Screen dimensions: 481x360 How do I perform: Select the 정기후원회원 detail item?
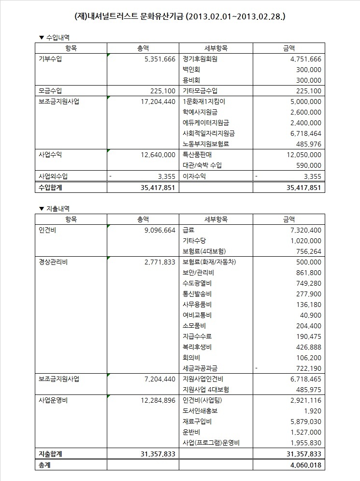pyautogui.click(x=200, y=59)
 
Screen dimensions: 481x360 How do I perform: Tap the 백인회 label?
pyautogui.click(x=191, y=70)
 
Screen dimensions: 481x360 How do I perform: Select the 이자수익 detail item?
pyautogui.click(x=194, y=176)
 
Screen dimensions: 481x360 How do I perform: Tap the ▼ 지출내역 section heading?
pyautogui.click(x=54, y=208)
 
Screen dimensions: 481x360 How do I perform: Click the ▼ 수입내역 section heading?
pyautogui.click(x=54, y=37)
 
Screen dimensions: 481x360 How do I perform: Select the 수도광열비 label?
pyautogui.click(x=197, y=283)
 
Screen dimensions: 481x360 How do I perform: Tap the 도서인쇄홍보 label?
pyautogui.click(x=200, y=410)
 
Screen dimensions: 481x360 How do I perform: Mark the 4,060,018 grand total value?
pyautogui.click(x=303, y=465)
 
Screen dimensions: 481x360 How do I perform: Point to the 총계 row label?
pyautogui.click(x=45, y=465)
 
